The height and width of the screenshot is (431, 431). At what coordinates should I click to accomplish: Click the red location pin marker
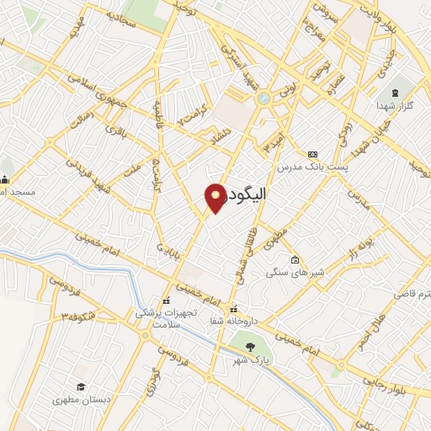coord(216,197)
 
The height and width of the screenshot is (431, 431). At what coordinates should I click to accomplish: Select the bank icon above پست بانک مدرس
coord(312,155)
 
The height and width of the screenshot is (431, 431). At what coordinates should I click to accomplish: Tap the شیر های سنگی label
coord(288,273)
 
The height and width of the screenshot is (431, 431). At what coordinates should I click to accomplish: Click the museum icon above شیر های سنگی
coord(294,259)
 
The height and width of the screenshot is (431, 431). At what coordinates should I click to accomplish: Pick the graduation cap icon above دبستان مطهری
coord(80,386)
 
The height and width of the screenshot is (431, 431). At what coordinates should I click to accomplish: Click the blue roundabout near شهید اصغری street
coord(263,98)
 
